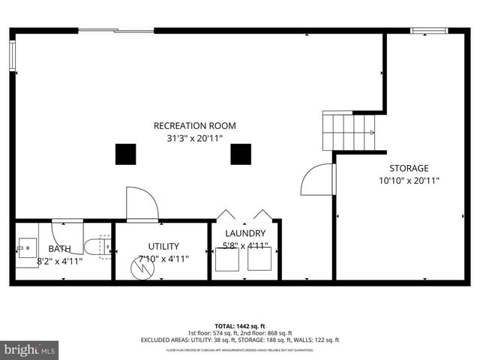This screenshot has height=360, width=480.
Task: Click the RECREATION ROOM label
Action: point(195,125)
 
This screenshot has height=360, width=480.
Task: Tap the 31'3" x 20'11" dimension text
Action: point(195,138)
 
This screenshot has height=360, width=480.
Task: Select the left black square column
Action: point(125,154)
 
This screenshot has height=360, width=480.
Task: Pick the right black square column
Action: point(240,154)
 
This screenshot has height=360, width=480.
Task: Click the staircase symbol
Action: point(348,132)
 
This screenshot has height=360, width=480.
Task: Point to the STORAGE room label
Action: point(409,168)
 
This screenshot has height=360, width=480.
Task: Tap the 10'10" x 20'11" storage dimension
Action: point(409,180)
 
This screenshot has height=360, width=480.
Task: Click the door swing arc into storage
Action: point(316,180)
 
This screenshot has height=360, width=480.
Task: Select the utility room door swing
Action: point(142,203)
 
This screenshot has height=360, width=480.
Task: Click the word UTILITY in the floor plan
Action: point(163,246)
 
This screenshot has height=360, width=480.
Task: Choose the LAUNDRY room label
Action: point(245,233)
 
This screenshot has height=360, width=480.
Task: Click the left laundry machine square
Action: point(227,259)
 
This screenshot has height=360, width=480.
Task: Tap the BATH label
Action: point(60,249)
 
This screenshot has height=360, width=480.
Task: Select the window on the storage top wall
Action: point(424,31)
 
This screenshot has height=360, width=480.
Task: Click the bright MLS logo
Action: point(30,349)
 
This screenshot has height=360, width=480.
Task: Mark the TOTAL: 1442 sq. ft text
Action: point(240,327)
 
